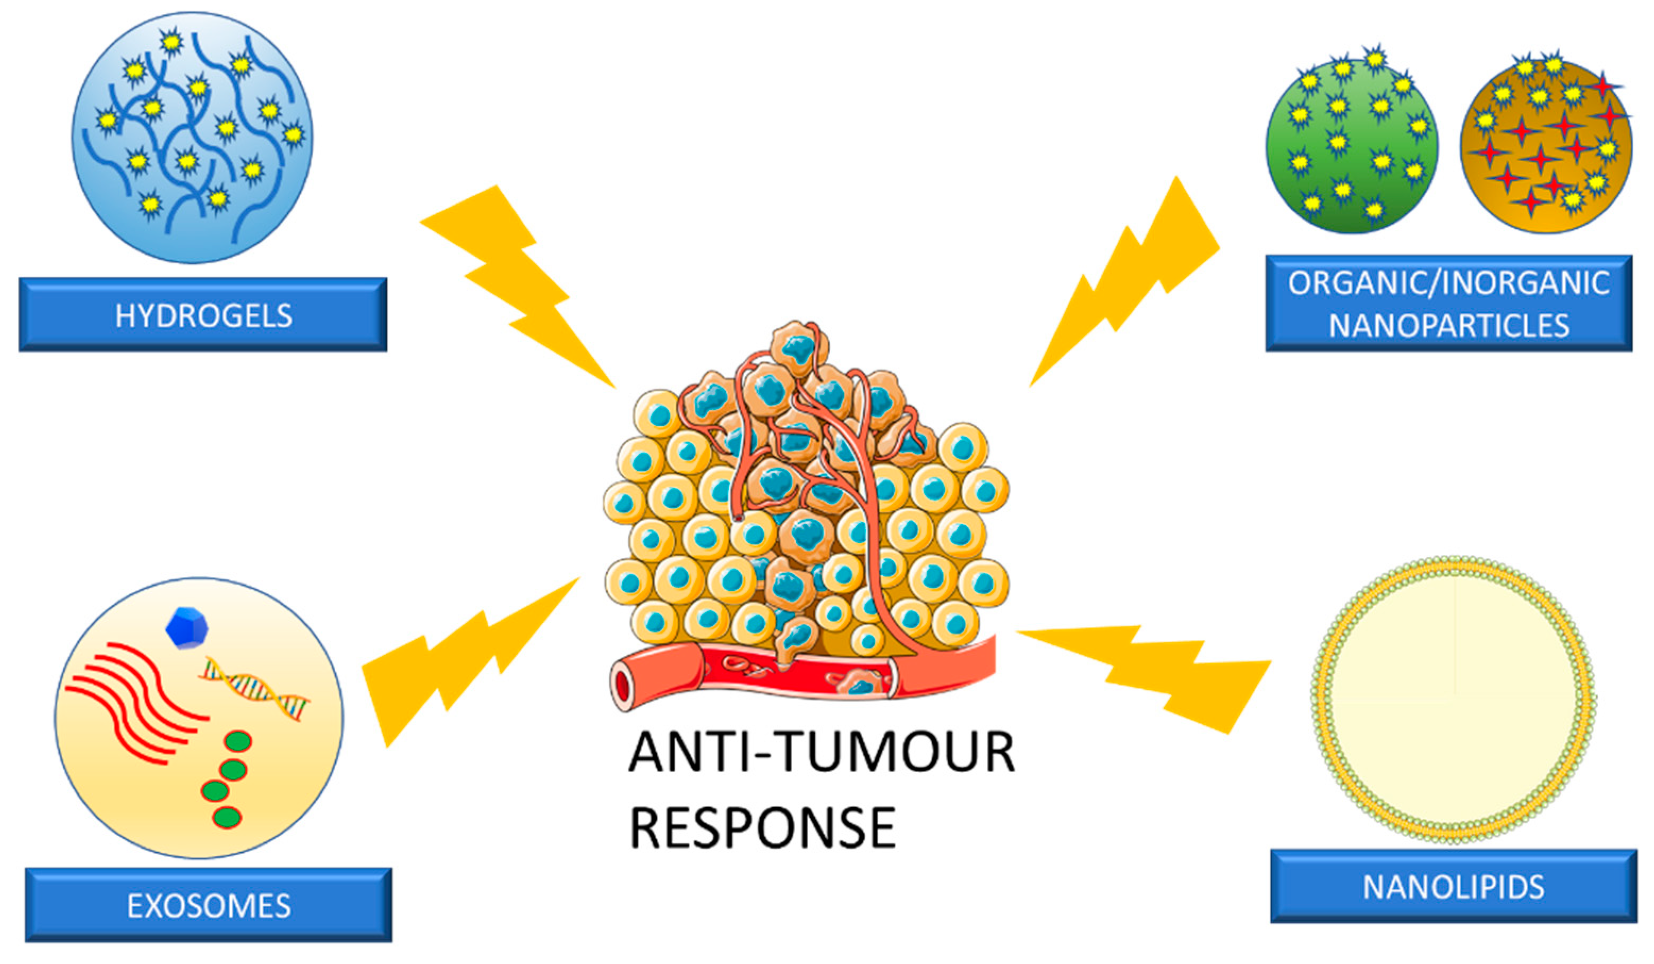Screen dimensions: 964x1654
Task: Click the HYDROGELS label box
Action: tap(203, 315)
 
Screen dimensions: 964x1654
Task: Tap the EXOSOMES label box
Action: tap(209, 905)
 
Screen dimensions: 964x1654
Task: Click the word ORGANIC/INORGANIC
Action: tap(1448, 283)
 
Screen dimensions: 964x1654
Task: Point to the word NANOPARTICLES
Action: tap(1448, 326)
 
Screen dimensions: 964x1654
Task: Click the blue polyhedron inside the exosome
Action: tap(187, 628)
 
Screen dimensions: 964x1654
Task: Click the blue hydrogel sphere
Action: tap(192, 137)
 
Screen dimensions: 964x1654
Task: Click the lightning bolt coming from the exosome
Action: tap(459, 663)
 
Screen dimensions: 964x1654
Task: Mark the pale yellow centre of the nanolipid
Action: tap(1453, 699)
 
